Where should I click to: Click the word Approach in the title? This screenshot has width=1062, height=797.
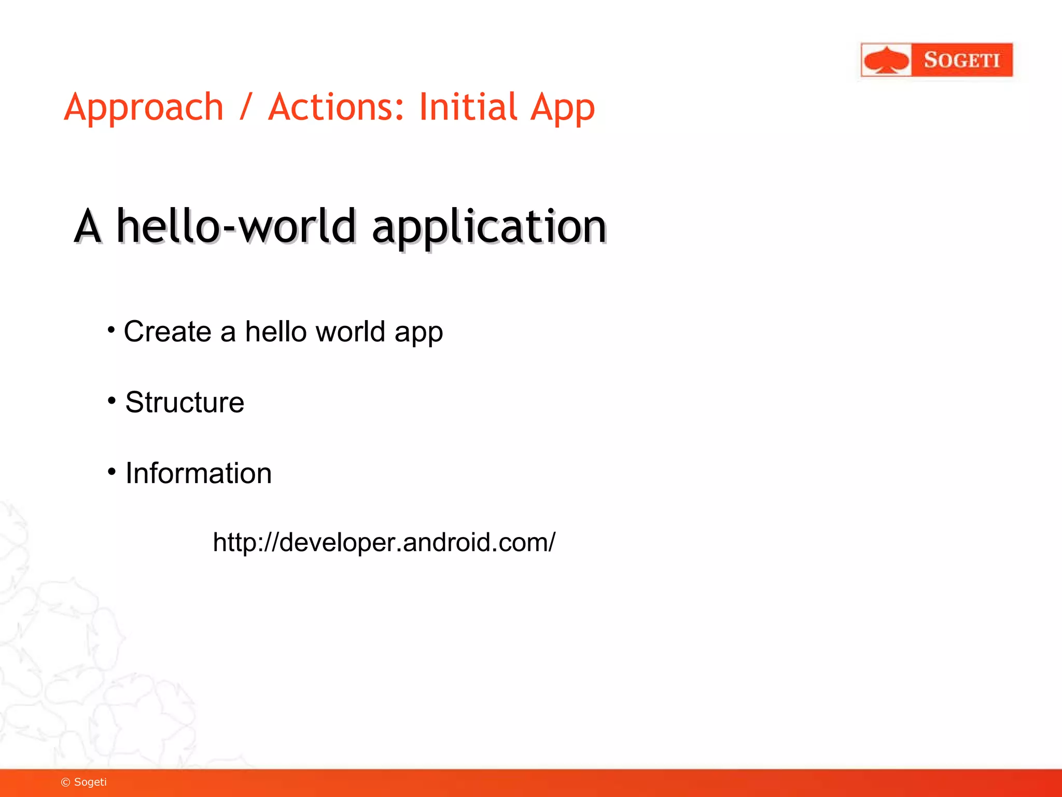pyautogui.click(x=144, y=107)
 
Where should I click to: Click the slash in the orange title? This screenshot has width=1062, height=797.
pyautogui.click(x=246, y=107)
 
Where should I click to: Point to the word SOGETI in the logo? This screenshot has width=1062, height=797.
pyautogui.click(x=961, y=60)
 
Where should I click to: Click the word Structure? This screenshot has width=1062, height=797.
pyautogui.click(x=185, y=402)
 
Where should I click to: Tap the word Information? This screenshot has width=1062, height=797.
pyautogui.click(x=199, y=473)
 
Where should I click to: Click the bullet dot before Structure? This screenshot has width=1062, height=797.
pyautogui.click(x=111, y=400)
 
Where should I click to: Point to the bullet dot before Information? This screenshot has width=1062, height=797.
pyautogui.click(x=111, y=471)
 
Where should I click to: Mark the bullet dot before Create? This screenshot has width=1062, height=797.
pyautogui.click(x=111, y=329)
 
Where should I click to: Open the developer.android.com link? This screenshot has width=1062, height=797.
pyautogui.click(x=384, y=542)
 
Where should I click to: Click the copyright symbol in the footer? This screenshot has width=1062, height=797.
pyautogui.click(x=65, y=782)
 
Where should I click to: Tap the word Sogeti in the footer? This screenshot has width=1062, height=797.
pyautogui.click(x=90, y=782)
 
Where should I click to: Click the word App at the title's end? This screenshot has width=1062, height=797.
pyautogui.click(x=563, y=107)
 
